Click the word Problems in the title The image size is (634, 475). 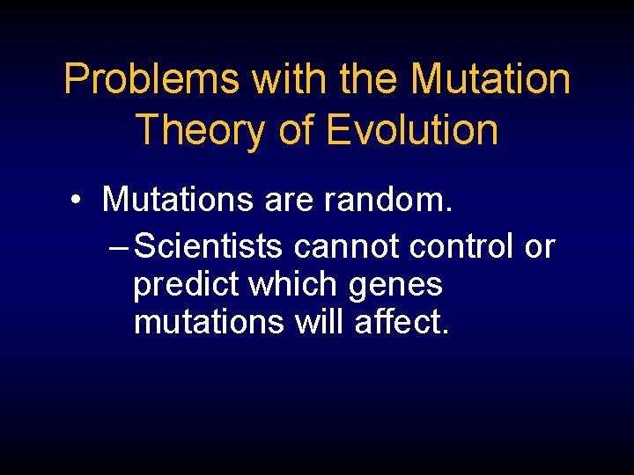pos(152,79)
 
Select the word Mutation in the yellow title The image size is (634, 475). pos(490,79)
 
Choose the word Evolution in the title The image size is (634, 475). pos(412,129)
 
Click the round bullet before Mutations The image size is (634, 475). pos(78,201)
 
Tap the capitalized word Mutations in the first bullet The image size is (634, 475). pos(179,200)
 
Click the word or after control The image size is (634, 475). pos(539,247)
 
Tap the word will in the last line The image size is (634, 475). pos(320,323)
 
